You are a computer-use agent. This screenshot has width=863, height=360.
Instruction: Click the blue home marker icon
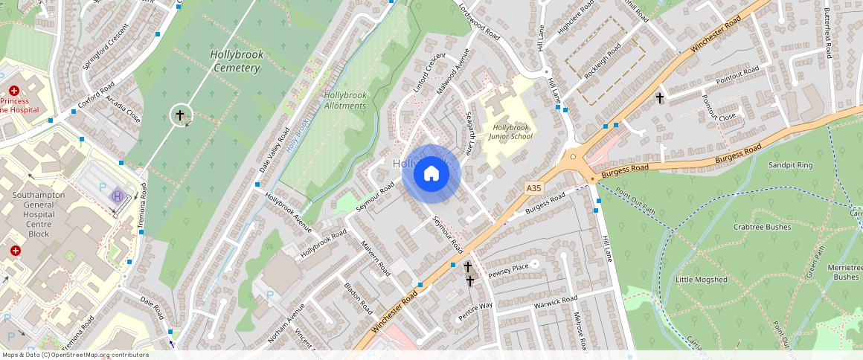click(431, 174)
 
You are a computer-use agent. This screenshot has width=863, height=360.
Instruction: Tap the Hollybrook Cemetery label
click(235, 61)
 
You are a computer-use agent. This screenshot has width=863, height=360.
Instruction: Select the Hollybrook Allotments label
click(345, 100)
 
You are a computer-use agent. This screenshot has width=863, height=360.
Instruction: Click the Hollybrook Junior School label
click(512, 132)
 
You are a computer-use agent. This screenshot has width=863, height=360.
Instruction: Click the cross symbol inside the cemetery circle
click(179, 115)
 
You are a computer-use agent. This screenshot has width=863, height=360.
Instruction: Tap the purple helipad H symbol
click(118, 196)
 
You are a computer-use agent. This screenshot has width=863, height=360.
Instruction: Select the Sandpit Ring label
click(791, 164)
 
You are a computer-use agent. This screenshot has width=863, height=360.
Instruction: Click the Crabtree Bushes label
click(762, 227)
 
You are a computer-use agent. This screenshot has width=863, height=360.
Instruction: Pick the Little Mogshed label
click(701, 280)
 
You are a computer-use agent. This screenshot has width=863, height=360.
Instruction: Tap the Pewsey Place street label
click(508, 269)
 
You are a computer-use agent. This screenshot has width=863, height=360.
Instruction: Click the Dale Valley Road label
click(275, 151)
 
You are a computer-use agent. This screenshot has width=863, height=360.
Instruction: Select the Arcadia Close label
click(122, 109)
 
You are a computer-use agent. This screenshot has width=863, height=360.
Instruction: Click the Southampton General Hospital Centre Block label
click(39, 214)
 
